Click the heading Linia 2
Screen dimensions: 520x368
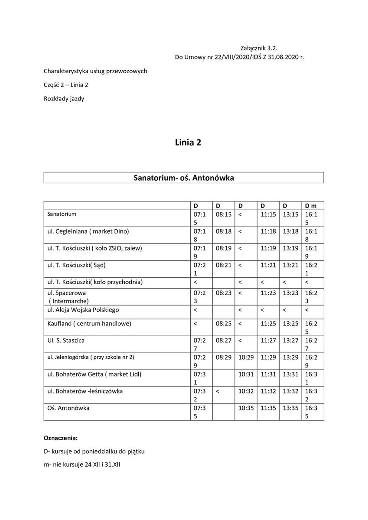pyautogui.click(x=188, y=142)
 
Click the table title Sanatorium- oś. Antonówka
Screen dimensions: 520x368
pyautogui.click(x=184, y=178)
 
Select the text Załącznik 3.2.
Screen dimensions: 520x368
pyautogui.click(x=261, y=49)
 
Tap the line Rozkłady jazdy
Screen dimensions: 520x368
pyautogui.click(x=64, y=99)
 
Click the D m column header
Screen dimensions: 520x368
pyautogui.click(x=311, y=205)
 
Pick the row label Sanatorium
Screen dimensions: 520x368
pyautogui.click(x=62, y=214)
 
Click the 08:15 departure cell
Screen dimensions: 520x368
pyautogui.click(x=223, y=214)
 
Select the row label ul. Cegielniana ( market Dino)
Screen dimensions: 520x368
pyautogui.click(x=88, y=231)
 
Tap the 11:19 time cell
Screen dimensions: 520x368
pyautogui.click(x=268, y=248)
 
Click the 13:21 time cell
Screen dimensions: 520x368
pyautogui.click(x=290, y=265)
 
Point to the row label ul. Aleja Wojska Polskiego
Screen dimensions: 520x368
pyautogui.click(x=83, y=310)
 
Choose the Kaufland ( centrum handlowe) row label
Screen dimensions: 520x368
pyautogui.click(x=89, y=324)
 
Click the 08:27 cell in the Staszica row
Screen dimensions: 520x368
pyautogui.click(x=223, y=341)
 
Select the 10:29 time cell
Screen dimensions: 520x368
pyautogui.click(x=246, y=357)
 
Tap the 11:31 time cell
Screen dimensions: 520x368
pyautogui.click(x=268, y=374)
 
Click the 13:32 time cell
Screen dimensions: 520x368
pyautogui.click(x=290, y=391)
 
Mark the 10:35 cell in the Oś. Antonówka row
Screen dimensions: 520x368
pyautogui.click(x=246, y=408)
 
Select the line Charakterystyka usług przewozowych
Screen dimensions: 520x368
pyautogui.click(x=95, y=71)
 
